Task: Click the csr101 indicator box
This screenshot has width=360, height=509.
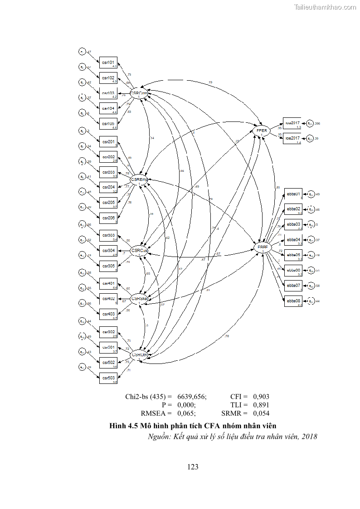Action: [108, 63]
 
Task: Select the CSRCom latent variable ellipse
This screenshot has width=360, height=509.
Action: [139, 94]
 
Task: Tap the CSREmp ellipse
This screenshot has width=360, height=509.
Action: [140, 180]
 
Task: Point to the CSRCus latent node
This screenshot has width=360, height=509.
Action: [139, 251]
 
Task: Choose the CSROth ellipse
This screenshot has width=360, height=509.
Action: [139, 355]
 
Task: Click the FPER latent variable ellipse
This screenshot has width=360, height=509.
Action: [262, 131]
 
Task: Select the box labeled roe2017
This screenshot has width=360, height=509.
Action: [292, 138]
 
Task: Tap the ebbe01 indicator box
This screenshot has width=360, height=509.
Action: [293, 194]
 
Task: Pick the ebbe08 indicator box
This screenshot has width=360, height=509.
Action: [293, 301]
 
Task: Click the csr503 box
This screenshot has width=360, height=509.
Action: [108, 378]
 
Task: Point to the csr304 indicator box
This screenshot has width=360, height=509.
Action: [108, 251]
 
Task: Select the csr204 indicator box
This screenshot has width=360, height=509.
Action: [108, 187]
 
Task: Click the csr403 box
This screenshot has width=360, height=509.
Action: [108, 314]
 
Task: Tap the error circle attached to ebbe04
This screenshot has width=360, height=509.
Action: [311, 240]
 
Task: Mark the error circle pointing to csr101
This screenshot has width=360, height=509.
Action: [82, 52]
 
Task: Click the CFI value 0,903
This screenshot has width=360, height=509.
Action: [261, 396]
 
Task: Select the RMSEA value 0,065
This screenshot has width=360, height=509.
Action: [186, 413]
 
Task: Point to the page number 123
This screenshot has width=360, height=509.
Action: [193, 467]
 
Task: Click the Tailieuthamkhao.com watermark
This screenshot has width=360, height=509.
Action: [325, 7]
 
